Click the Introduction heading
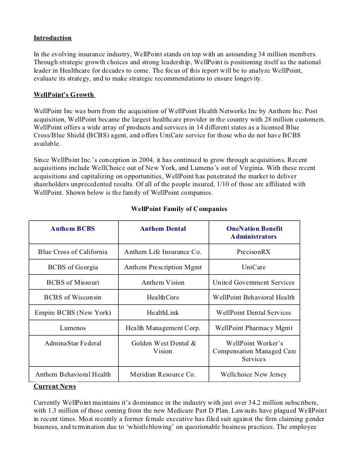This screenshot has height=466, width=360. coord(52,38)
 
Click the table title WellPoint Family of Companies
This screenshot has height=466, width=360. coord(179,209)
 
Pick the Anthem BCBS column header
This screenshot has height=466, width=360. coord(73,229)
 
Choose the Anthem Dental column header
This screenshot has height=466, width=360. coord(163,229)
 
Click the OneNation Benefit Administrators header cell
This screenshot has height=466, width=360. coord(254,233)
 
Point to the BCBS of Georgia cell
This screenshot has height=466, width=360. coord(73,267)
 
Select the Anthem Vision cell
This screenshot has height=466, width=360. coord(163,283)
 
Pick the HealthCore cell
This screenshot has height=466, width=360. coord(163,297)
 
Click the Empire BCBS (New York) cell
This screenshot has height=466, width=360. coord(73,313)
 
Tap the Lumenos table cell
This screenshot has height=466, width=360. coord(73,328)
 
